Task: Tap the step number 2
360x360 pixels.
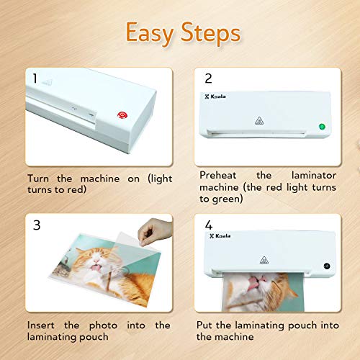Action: point(209,78)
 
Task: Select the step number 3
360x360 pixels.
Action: point(34,225)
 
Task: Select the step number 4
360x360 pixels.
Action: point(209,225)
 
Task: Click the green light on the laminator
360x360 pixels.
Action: point(321,128)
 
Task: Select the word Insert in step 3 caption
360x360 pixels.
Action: point(41,326)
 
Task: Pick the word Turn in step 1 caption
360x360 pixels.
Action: point(40,177)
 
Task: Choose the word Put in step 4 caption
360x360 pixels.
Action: point(208,326)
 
